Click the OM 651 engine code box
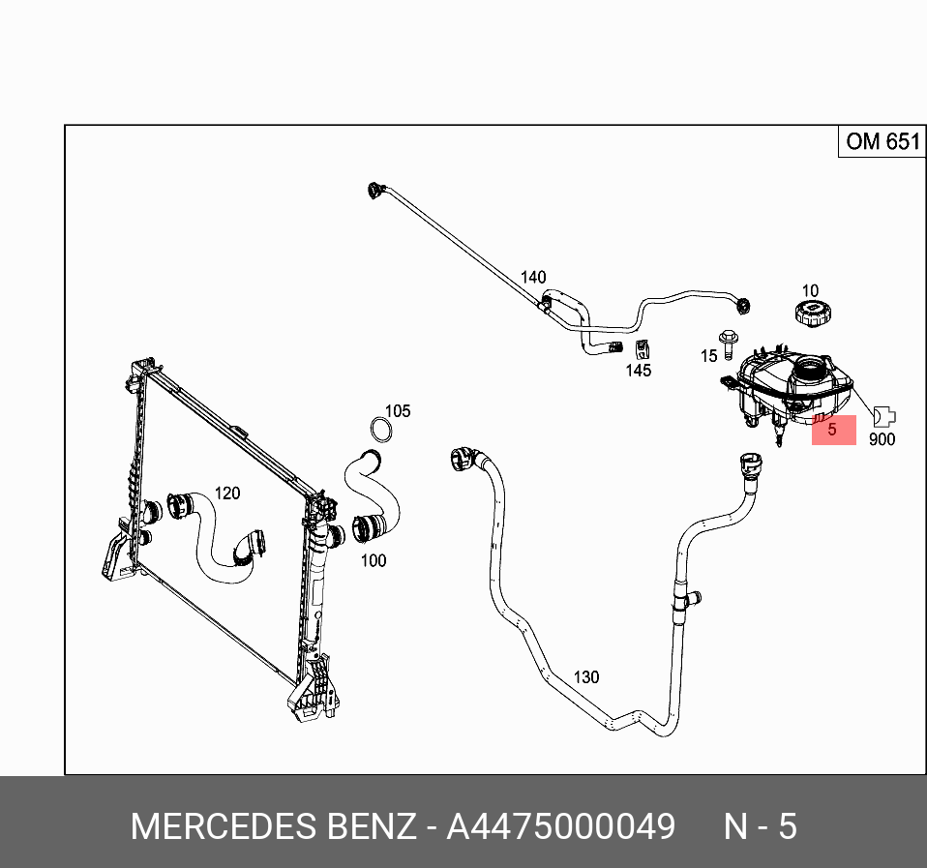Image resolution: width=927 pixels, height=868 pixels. click(881, 142)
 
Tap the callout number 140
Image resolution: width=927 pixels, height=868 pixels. click(533, 278)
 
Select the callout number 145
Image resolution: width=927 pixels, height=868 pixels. click(639, 370)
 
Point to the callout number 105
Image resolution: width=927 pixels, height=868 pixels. click(398, 411)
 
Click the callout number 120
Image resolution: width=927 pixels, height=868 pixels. click(226, 494)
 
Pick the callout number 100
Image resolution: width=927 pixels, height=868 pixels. click(374, 560)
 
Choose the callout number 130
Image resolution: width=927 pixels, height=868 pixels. click(586, 676)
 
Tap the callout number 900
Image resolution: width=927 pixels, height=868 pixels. click(882, 439)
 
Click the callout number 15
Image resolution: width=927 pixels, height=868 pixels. click(709, 356)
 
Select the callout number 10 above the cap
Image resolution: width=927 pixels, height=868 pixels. click(810, 290)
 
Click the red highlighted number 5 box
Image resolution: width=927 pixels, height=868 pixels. click(833, 430)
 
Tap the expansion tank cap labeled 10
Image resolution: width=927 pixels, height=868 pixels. click(810, 314)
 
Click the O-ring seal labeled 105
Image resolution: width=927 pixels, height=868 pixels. click(381, 430)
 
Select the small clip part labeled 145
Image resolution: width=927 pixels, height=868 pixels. click(640, 348)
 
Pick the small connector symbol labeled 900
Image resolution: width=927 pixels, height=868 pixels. click(883, 416)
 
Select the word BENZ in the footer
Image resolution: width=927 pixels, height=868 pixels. click(368, 827)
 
